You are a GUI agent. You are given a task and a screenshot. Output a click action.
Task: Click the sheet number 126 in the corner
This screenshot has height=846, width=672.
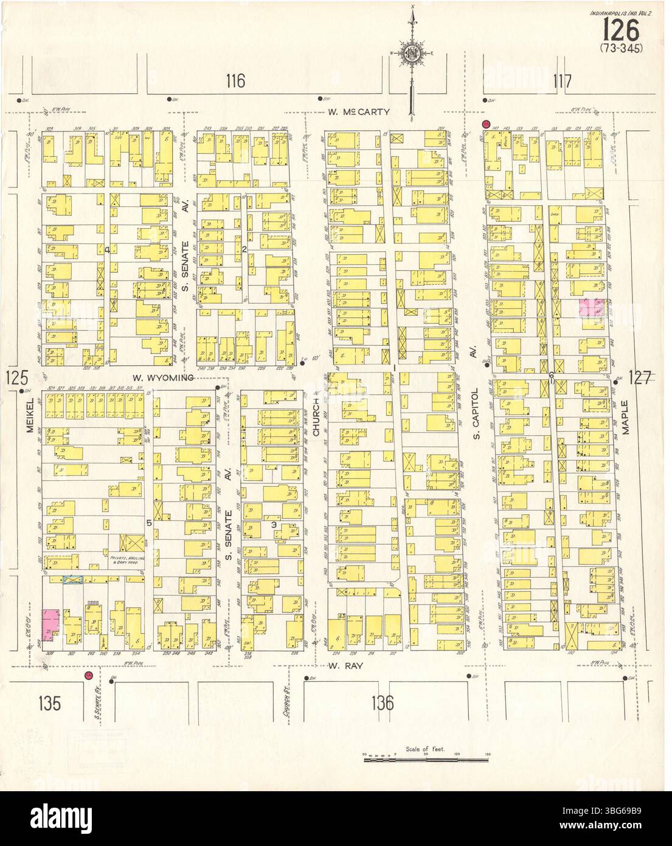(621, 29)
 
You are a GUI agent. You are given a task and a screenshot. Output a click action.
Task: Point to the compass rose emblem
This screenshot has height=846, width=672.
(412, 54)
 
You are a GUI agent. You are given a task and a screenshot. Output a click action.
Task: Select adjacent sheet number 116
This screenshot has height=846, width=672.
(235, 80)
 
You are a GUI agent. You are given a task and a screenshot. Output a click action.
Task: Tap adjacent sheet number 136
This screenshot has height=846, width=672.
(381, 704)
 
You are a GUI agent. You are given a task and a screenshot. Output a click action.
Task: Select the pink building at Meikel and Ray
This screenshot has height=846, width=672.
(49, 625)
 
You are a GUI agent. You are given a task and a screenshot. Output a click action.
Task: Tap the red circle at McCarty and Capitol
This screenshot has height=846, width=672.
(486, 124)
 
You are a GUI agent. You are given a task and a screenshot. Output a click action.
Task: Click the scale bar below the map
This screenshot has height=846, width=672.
(426, 758)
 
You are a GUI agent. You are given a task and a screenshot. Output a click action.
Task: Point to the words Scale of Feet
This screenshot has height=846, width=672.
(426, 749)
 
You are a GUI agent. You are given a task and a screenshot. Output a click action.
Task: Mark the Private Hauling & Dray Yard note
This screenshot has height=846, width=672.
(128, 552)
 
